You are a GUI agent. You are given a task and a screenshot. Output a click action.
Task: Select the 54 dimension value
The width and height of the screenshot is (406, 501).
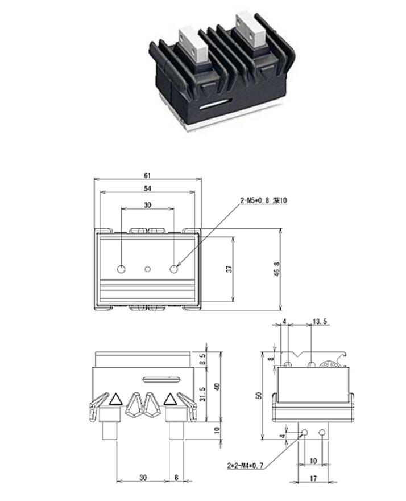(x=147, y=188)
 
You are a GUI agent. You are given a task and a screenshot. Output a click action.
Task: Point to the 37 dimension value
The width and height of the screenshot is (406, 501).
(x=229, y=269)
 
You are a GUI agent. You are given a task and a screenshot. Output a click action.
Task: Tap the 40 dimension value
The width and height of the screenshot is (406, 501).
(x=216, y=387)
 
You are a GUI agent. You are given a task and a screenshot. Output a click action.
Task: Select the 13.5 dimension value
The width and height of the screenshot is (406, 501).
(x=320, y=322)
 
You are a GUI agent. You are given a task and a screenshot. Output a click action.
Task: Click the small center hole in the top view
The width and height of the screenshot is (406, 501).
(x=147, y=269)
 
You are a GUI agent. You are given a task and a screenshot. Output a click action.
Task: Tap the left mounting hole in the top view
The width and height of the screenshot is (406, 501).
(x=121, y=269)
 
